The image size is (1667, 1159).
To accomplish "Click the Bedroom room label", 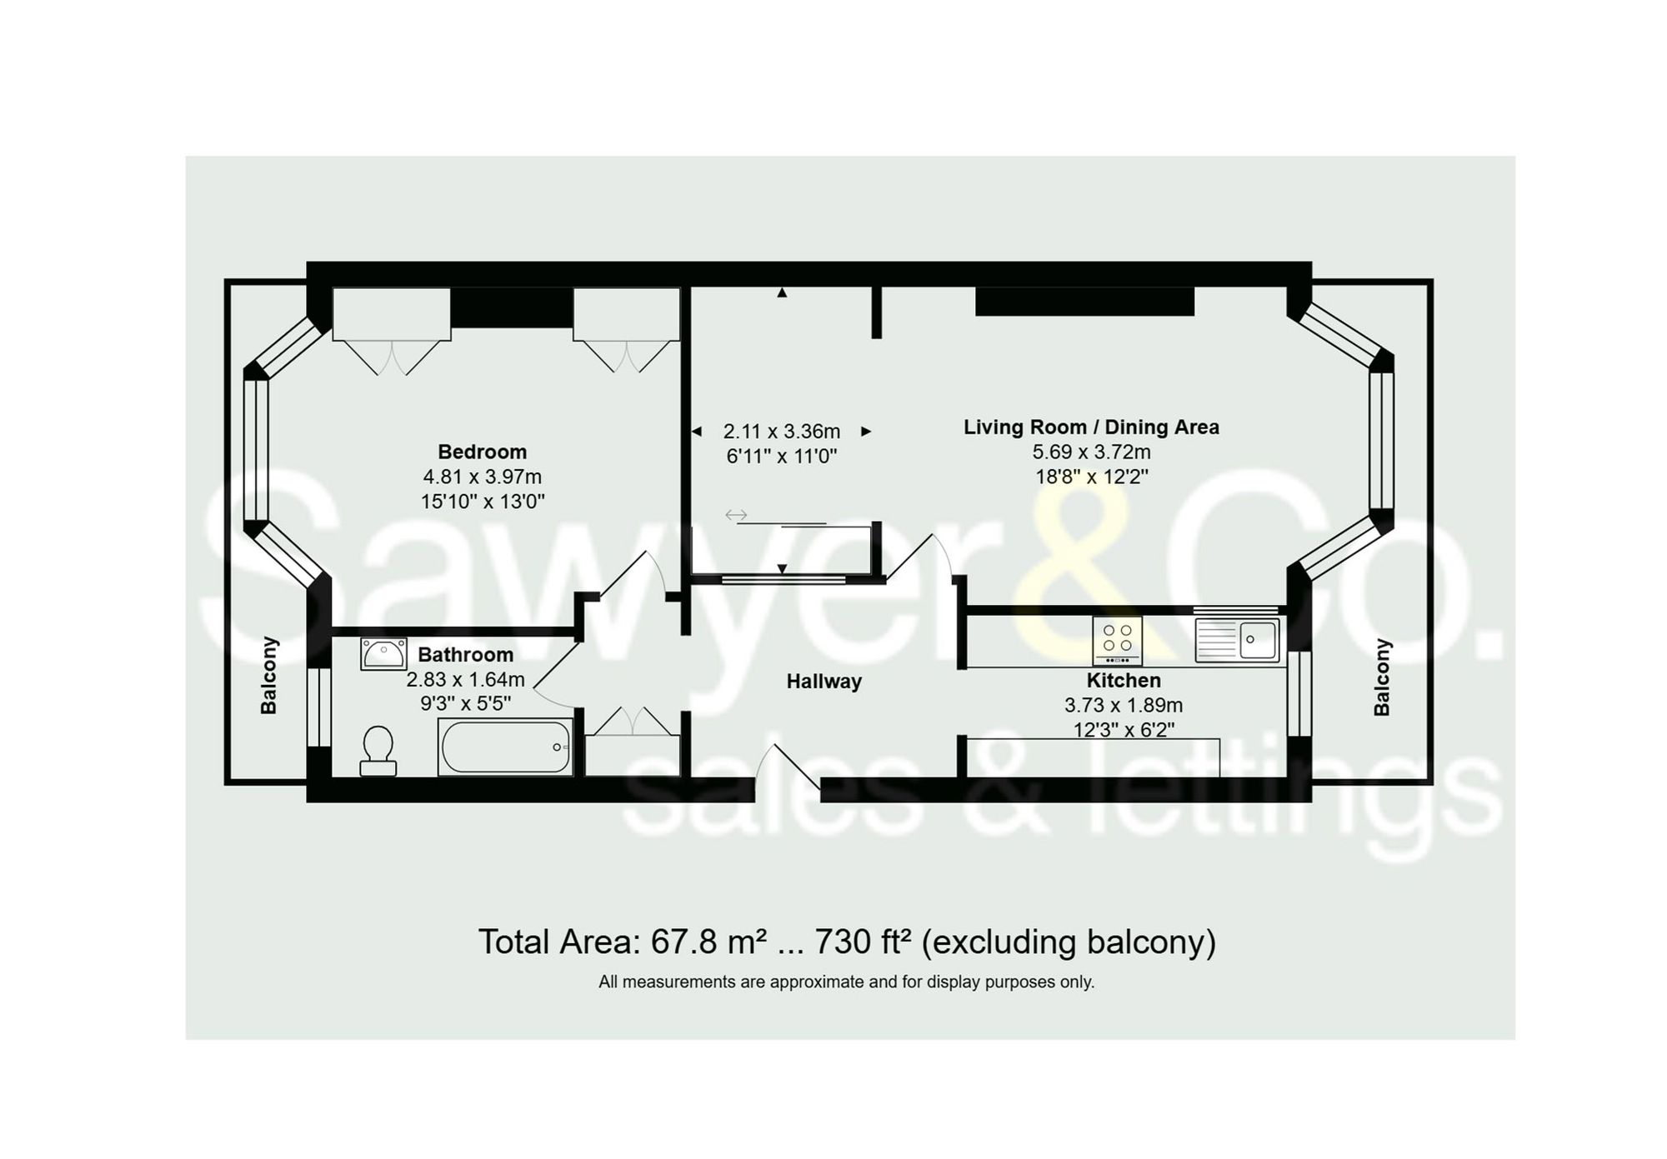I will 482,452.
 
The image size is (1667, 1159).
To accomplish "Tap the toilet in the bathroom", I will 378,749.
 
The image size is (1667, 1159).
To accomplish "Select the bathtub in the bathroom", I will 505,747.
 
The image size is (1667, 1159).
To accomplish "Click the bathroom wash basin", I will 383,654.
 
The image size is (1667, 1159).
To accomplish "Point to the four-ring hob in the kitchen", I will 1117,640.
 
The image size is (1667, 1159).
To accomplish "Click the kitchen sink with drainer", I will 1237,640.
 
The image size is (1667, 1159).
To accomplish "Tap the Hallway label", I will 823,682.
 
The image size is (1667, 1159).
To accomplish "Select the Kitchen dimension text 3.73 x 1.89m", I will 1123,705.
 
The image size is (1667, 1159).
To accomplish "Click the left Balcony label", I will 268,676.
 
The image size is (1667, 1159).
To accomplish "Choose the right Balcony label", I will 1382,677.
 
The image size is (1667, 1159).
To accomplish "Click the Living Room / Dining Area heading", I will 1091,427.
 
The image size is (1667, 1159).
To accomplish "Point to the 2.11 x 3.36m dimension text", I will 781,432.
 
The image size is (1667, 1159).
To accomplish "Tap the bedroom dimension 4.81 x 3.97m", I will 482,477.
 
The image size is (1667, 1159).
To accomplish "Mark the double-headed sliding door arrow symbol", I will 735,515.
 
